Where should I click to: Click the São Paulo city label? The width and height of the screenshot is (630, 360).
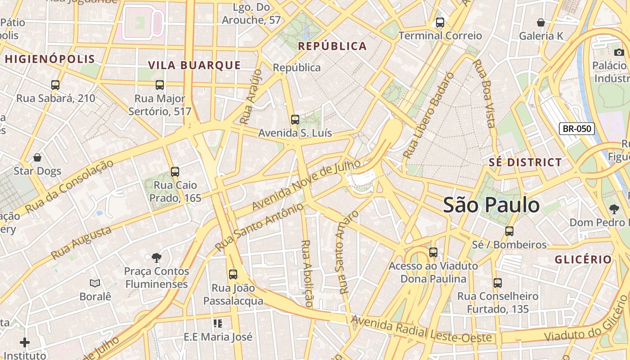491,205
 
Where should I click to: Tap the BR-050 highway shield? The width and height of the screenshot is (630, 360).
577,129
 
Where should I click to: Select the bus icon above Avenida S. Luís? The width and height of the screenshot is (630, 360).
295,120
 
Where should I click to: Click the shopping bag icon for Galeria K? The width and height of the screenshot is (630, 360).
541,22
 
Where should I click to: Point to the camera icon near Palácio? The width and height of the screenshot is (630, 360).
619,52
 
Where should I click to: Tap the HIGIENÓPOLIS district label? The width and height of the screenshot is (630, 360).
50,59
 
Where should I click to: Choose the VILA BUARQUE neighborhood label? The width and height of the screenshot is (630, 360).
194,65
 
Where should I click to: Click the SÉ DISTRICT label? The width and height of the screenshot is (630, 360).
525,162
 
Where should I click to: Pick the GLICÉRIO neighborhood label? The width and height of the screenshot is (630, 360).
583,260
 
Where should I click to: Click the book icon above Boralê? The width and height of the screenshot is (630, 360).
94,283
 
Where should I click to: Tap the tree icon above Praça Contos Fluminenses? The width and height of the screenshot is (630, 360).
157,258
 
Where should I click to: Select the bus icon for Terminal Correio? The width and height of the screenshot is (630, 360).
440,22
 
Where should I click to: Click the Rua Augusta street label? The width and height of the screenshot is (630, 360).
81,243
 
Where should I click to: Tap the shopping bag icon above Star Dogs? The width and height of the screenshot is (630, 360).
37,157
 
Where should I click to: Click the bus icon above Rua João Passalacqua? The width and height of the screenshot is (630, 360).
233,274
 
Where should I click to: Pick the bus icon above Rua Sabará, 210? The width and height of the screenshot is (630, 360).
55,85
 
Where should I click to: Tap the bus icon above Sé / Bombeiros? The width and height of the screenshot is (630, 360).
509,231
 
